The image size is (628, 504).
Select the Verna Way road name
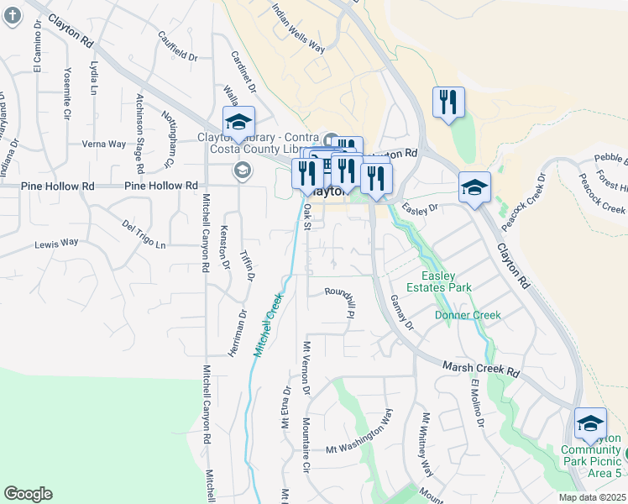pos(104,144)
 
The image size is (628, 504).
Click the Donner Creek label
pos(468,315)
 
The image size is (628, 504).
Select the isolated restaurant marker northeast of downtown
pos(448,103)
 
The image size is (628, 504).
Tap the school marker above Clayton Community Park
pos(590,423)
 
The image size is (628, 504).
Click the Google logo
pos(28,494)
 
